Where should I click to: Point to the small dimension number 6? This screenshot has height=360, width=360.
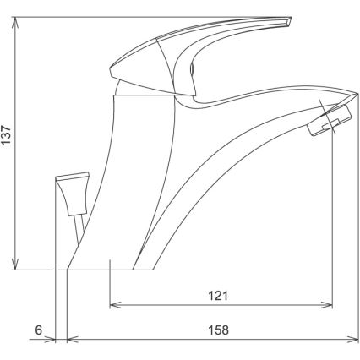click(x=39, y=330)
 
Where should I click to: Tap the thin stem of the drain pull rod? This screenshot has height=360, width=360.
click(x=78, y=227)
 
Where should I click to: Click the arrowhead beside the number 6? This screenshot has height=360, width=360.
click(x=51, y=341)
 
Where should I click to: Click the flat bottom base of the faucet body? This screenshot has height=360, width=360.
click(x=110, y=268)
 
